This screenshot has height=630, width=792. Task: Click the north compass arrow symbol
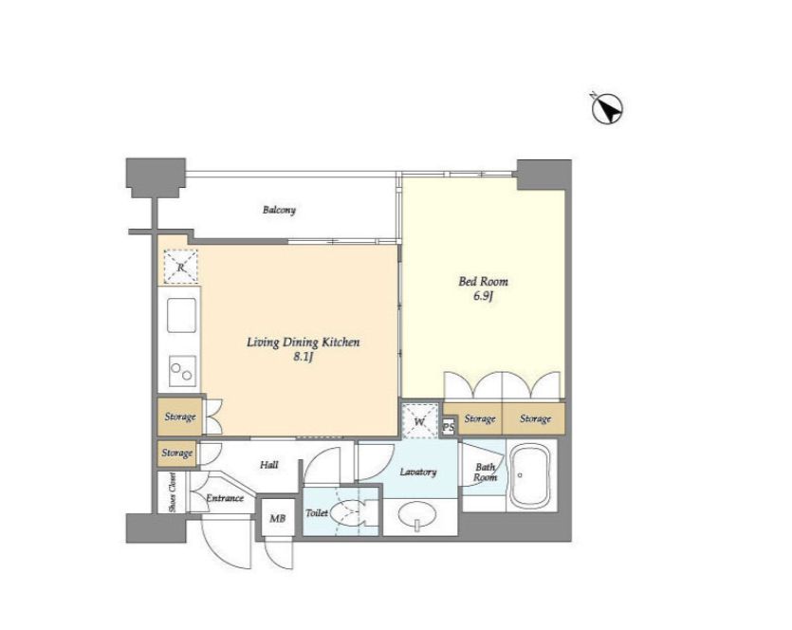607,108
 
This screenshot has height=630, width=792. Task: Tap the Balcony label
279,209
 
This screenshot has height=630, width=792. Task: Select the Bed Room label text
483,281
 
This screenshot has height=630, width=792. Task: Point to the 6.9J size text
483,297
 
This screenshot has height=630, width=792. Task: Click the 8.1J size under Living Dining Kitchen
304,358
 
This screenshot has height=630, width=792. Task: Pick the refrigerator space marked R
181,267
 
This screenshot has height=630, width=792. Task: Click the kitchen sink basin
181,315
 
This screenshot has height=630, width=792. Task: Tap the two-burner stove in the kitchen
182,371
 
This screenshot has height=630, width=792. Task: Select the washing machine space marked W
420,421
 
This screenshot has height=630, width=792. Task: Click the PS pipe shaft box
448,427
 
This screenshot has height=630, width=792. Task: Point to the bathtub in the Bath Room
530,476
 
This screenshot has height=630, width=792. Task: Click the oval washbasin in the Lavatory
417,515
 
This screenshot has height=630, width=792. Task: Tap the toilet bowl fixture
351,512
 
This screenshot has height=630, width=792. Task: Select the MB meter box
277,518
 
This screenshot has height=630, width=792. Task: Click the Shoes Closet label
173,492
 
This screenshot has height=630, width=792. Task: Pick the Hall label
268,464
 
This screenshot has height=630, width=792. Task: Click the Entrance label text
225,498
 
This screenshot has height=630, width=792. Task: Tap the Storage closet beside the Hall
176,454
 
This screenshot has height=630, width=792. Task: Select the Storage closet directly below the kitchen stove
180,417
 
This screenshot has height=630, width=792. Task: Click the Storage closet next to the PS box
480,418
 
